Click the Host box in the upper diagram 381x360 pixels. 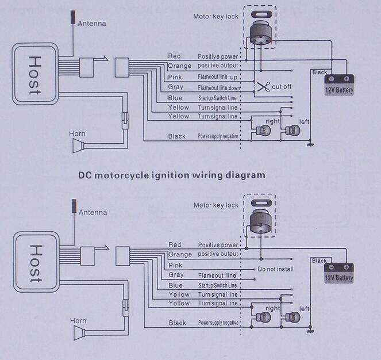[34, 74]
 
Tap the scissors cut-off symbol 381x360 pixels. [264, 87]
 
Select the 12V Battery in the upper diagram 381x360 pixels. [340, 85]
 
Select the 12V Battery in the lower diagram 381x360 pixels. [339, 273]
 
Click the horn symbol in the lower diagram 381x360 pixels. [78, 333]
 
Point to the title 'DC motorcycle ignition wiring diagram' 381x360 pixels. [172, 175]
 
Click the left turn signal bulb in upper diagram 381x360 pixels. [292, 131]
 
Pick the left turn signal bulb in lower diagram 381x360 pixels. [293, 317]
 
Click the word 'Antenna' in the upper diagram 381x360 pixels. [92, 23]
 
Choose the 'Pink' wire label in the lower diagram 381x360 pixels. [175, 265]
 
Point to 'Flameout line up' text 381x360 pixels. [218, 77]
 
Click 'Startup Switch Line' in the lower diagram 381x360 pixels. [217, 285]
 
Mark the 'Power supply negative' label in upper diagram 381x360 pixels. [218, 136]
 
